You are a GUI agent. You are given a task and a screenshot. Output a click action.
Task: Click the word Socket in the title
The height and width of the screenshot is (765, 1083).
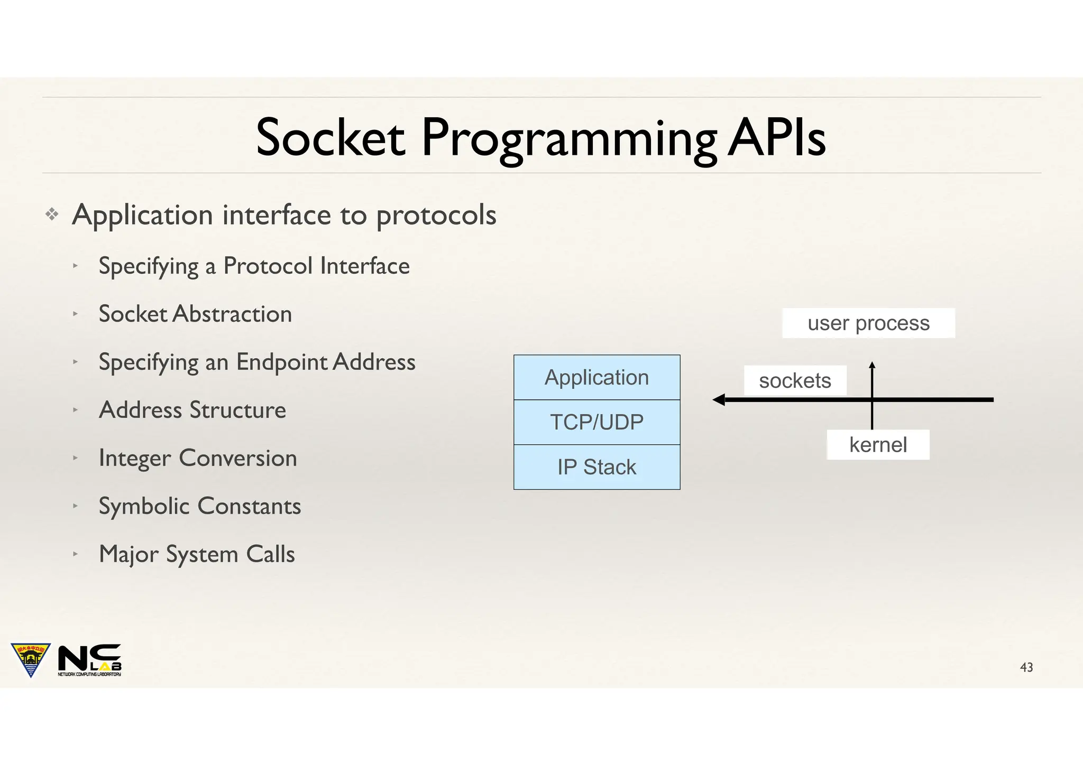coord(330,138)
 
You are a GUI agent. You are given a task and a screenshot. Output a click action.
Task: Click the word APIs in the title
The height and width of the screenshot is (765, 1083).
coord(776,138)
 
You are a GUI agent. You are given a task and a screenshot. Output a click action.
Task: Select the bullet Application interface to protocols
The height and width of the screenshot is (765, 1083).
coord(284,215)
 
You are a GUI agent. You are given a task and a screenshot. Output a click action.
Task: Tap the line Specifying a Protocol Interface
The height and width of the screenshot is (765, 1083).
coord(254,266)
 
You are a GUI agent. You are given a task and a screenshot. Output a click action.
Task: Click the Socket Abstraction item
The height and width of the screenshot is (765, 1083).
coord(195,314)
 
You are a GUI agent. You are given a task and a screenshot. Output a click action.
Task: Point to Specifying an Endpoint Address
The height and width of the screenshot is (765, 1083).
coord(257,362)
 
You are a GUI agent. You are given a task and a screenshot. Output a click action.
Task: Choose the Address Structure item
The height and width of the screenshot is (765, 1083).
coord(192,410)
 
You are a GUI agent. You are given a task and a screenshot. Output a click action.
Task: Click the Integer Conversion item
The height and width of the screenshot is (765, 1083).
coord(198,458)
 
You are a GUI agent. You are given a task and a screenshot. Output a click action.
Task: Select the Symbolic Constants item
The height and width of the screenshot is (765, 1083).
coord(200,506)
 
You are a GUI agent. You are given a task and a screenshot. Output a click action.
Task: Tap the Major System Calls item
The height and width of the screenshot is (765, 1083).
coord(197,554)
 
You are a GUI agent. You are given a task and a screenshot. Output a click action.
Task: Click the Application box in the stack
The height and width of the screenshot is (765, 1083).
coord(596,378)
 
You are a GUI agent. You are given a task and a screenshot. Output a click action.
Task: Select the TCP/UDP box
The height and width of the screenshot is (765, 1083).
coord(596,422)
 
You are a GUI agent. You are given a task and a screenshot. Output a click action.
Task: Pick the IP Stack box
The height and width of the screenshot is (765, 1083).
coord(596,467)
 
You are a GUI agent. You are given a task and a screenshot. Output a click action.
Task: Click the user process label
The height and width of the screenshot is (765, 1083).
coord(868,323)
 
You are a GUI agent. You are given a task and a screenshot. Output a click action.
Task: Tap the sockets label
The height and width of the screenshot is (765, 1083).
coord(795,380)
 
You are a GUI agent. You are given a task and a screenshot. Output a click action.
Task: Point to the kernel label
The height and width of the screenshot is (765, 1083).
coord(878,445)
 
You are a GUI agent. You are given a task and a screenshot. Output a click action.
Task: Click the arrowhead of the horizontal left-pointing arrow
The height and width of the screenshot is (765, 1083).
coord(719,400)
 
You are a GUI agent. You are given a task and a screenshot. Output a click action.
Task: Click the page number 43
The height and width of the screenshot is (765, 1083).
coord(1026,667)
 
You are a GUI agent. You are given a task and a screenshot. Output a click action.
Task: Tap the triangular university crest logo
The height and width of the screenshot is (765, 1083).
coord(31,658)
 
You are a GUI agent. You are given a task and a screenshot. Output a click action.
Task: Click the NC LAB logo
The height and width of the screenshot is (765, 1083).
coord(89,659)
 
